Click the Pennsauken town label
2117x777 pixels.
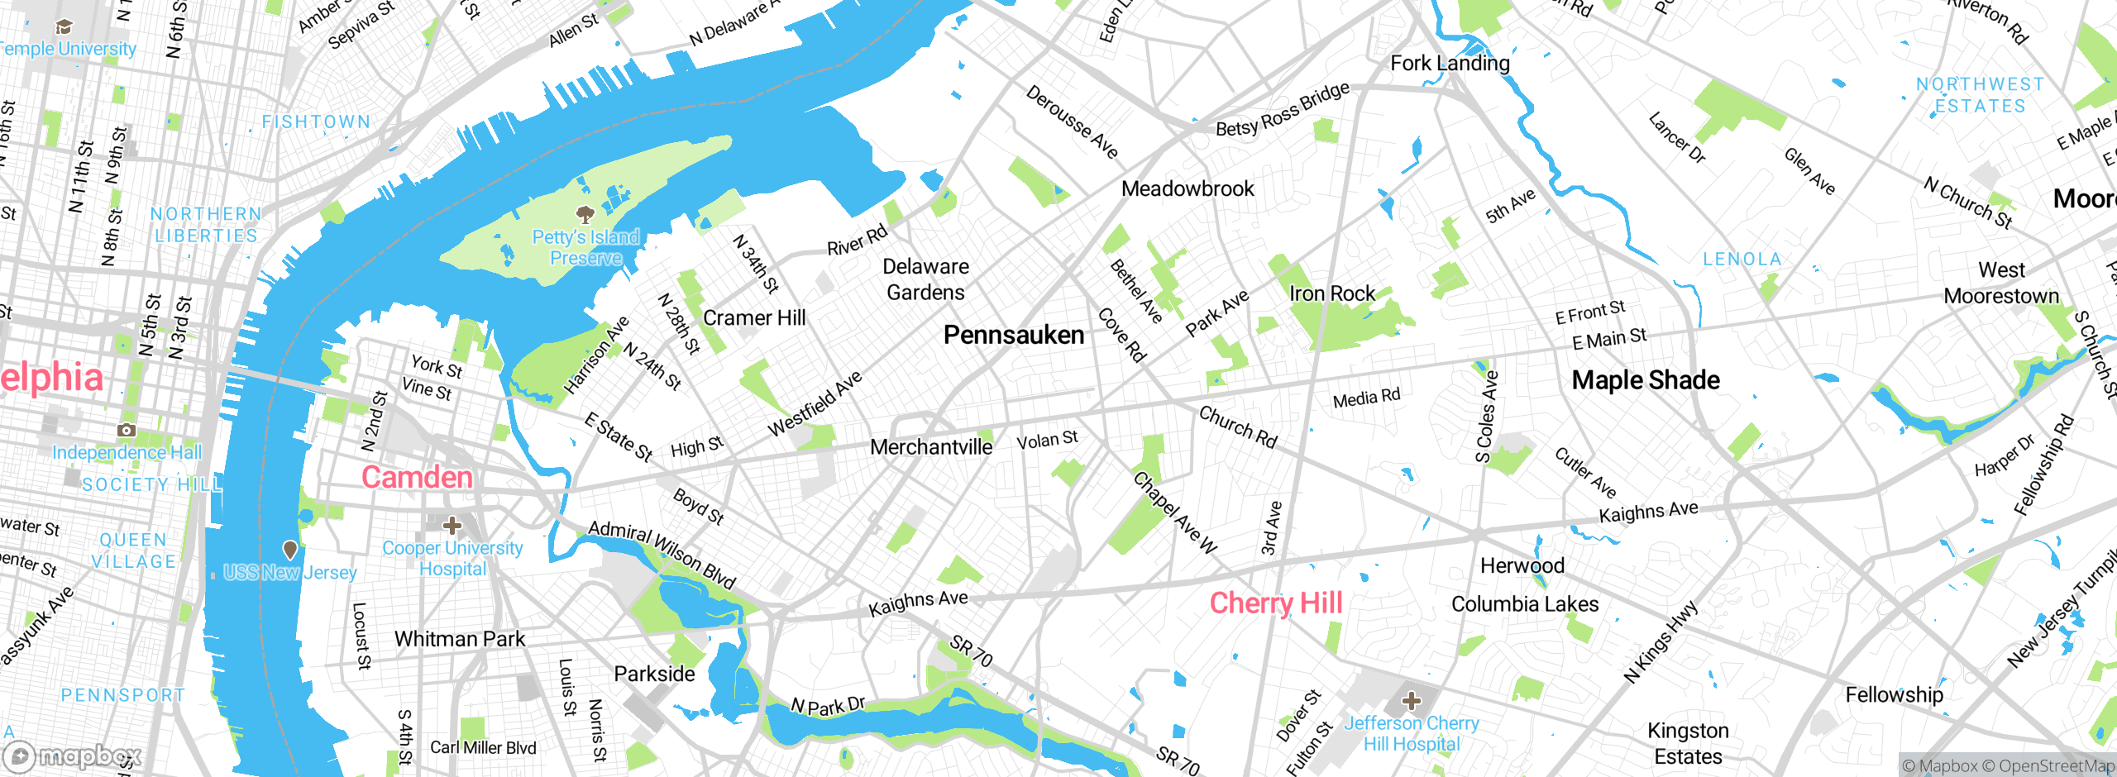1014,335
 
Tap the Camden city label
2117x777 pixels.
417,477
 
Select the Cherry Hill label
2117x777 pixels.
1276,603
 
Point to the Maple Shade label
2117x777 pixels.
1646,379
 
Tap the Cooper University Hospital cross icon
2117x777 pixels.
452,525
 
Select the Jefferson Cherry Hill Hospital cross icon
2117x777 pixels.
1412,702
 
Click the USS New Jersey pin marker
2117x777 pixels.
290,550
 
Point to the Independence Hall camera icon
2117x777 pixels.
127,430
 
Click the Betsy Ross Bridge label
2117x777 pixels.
1283,110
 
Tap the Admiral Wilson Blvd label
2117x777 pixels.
662,555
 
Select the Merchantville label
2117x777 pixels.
931,447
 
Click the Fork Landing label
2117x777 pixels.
1450,64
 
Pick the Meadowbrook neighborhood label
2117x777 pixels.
1188,188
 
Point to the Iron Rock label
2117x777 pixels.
1332,293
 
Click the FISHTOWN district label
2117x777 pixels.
316,122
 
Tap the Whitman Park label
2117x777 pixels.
460,639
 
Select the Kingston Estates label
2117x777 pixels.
1688,743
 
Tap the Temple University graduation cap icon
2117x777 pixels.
64,27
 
